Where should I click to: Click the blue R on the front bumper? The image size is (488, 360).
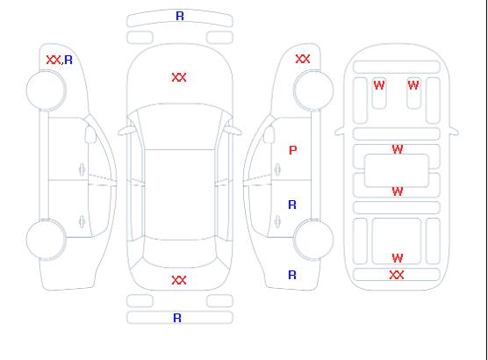click(180, 16)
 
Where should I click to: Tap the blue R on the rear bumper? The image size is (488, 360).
click(177, 318)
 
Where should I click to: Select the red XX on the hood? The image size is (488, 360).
click(179, 77)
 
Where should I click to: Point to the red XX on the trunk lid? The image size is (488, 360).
click(179, 280)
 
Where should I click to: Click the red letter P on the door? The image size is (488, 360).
click(293, 150)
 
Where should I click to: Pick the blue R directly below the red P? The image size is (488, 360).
click(292, 205)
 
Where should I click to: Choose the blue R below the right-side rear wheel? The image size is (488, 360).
click(292, 275)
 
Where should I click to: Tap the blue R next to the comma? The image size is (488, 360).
click(68, 60)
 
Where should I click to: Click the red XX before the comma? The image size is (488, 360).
click(54, 60)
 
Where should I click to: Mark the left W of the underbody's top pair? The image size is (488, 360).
click(379, 85)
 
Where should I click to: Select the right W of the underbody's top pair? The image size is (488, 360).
click(413, 85)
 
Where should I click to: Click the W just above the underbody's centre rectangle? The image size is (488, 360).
click(398, 149)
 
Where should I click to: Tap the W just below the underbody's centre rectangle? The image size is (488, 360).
click(398, 191)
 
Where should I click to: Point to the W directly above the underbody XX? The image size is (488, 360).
click(398, 258)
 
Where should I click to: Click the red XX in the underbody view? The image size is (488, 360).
click(397, 275)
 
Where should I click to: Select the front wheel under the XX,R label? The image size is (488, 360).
click(46, 90)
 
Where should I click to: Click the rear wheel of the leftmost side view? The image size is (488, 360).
click(46, 240)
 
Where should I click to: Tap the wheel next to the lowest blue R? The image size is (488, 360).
click(313, 240)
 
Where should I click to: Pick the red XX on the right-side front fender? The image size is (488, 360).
click(303, 59)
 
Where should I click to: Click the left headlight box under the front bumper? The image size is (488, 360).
click(140, 38)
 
